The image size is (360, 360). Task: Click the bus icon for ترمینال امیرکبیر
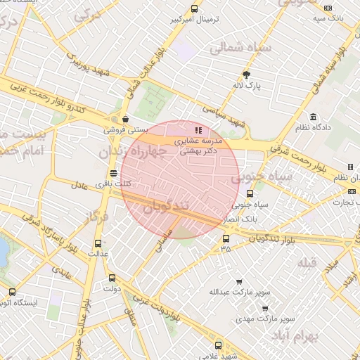pos(194,9)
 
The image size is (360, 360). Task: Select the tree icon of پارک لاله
pos(246,75)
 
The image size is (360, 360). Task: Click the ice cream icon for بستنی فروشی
pos(124,119)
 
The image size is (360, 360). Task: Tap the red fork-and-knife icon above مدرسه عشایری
pos(198,129)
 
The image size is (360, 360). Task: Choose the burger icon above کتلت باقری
pos(113,173)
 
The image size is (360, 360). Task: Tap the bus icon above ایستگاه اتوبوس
pos(12,292)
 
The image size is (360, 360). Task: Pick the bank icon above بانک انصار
pos(249,193)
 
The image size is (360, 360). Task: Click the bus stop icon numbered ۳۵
pos(225,238)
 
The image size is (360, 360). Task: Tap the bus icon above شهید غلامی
pos(217,345)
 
